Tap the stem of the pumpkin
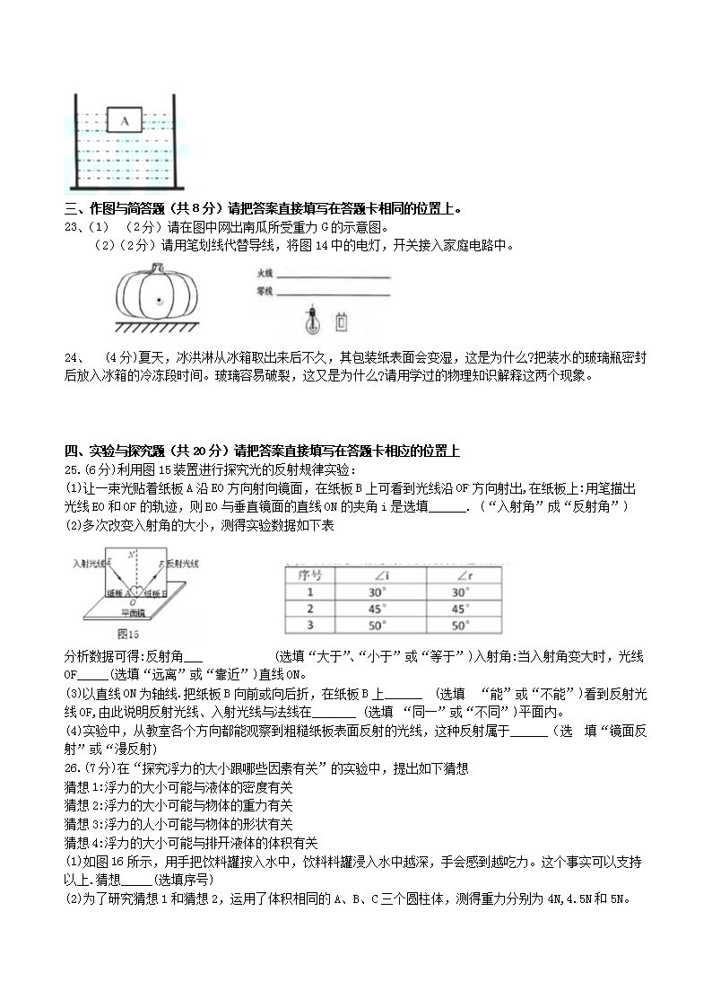155,267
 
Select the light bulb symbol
313,317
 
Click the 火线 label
265,272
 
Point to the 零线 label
265,291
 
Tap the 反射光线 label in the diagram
185,563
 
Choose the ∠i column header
378,574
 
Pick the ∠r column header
459,574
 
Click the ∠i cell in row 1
378,592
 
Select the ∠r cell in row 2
459,609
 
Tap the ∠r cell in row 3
459,626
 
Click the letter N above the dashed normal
132,554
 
